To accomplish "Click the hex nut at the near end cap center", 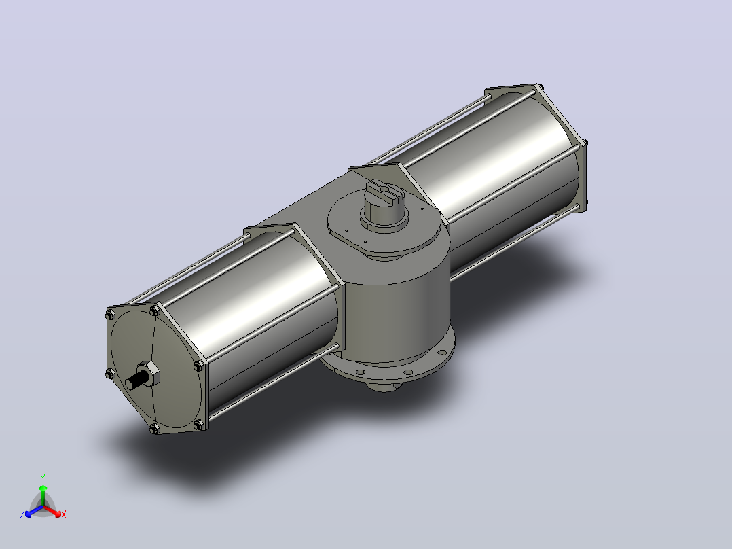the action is [x=150, y=373].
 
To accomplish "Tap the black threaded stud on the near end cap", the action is [x=134, y=380].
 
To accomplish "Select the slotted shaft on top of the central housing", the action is [x=382, y=202].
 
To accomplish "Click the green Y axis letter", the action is [x=43, y=478].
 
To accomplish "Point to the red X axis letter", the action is [x=64, y=514].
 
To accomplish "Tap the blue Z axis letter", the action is [x=22, y=514].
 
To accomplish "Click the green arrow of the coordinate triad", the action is [x=43, y=495].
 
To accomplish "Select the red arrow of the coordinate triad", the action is [x=52, y=511].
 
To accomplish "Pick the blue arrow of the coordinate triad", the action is [x=34, y=511].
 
